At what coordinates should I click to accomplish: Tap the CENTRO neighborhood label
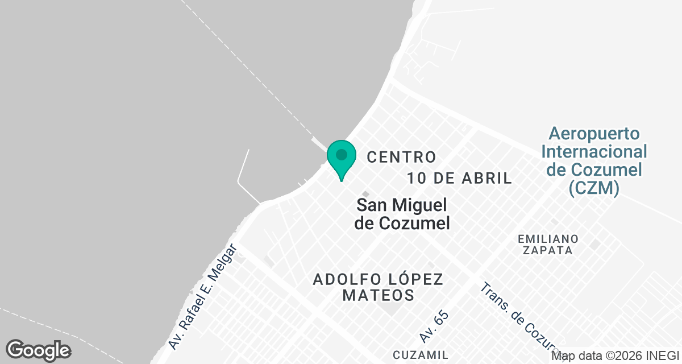(401, 156)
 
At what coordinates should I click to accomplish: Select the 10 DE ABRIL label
(459, 178)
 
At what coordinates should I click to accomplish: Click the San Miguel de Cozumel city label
(402, 214)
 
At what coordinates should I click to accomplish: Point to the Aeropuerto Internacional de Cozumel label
(594, 161)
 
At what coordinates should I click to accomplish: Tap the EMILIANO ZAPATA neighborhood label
(548, 244)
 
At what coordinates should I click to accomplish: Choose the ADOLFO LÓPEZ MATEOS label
(378, 287)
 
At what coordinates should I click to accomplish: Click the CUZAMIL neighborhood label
(420, 354)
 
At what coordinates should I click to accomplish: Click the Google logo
(38, 350)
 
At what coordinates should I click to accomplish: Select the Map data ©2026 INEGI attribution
(616, 356)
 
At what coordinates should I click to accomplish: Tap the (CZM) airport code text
(594, 188)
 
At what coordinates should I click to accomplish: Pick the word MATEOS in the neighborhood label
(378, 296)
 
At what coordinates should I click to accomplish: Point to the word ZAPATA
(548, 250)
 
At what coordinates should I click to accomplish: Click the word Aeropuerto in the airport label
(594, 134)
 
